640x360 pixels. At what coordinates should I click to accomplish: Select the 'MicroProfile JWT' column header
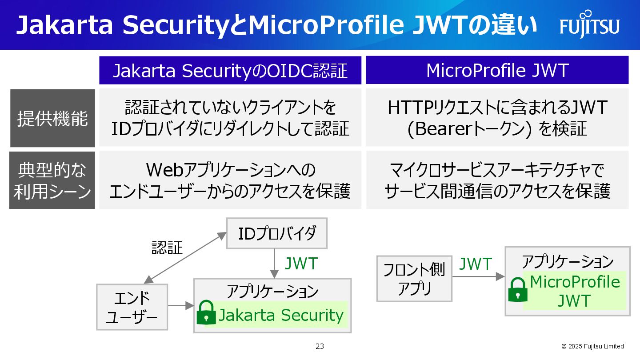(x=497, y=71)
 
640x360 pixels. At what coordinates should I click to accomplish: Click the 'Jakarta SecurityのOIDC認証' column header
(x=230, y=71)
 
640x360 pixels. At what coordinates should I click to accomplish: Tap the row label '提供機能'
(x=52, y=118)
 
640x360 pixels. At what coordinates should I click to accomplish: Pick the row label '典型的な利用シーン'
(x=52, y=180)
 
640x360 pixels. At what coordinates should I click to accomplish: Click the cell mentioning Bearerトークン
(x=497, y=118)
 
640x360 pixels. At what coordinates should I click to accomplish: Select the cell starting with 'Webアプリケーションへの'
(x=230, y=180)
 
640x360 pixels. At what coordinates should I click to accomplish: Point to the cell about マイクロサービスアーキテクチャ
(x=497, y=180)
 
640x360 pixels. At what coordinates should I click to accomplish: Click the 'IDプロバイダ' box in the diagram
(x=276, y=233)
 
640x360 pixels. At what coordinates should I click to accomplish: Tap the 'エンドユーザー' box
(x=132, y=307)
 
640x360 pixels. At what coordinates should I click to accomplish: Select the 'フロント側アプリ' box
(x=414, y=279)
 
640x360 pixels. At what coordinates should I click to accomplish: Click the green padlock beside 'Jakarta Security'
(x=206, y=312)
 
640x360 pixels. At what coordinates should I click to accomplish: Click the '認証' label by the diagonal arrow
(x=167, y=248)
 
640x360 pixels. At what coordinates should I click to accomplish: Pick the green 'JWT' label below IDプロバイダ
(x=301, y=264)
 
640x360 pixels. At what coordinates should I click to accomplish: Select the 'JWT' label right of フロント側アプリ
(x=475, y=264)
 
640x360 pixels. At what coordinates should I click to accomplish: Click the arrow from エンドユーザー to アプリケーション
(x=180, y=306)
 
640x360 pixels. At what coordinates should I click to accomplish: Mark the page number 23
(x=320, y=347)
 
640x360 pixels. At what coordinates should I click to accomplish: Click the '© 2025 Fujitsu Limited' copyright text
(x=592, y=346)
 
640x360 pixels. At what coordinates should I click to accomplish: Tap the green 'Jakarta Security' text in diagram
(x=281, y=315)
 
